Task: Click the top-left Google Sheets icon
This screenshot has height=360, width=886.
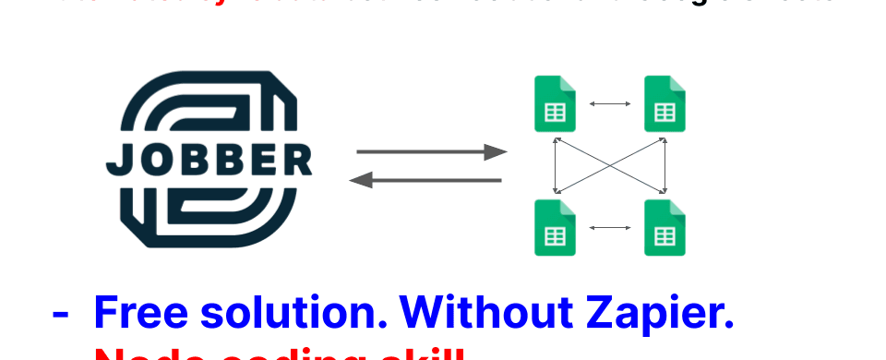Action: pos(555,104)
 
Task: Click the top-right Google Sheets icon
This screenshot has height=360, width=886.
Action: pos(664,104)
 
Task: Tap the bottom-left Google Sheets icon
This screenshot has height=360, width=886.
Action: pos(555,227)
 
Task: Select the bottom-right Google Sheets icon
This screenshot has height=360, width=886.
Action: pos(664,227)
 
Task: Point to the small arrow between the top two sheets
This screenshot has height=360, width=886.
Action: pos(609,103)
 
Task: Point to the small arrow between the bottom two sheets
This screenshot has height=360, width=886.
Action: pos(609,227)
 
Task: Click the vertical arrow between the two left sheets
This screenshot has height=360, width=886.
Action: pos(555,166)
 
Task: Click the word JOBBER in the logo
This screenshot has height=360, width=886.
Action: pos(210,161)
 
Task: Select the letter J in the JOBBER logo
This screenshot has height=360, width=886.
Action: pos(116,162)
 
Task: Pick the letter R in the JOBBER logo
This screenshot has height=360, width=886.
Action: pos(297,161)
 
